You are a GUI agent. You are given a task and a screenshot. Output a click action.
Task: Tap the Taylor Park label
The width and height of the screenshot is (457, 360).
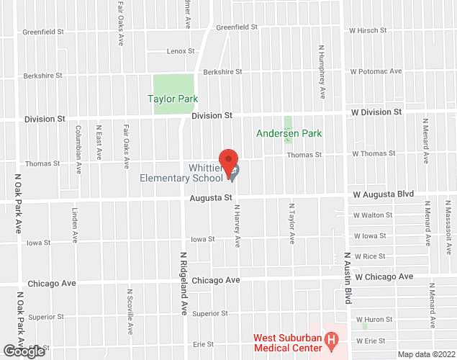coord(173,99)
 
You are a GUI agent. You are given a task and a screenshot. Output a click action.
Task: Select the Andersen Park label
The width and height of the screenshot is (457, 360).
coord(289,133)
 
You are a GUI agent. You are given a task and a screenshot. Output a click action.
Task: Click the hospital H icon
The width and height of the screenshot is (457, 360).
coord(331,338)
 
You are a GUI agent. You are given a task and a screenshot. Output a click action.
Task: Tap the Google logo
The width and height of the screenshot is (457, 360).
coord(23,351)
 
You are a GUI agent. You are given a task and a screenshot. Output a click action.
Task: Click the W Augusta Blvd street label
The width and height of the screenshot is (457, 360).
coord(384,194)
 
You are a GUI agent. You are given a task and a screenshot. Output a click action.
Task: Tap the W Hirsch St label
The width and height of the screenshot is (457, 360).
coord(368,31)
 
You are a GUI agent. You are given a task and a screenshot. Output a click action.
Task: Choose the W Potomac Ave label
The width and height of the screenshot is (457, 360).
coord(376,71)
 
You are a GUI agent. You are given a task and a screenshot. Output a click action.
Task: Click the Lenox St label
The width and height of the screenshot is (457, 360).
coord(181,51)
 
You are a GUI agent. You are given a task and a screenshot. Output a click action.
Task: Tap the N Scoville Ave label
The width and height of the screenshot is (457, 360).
coord(130,311)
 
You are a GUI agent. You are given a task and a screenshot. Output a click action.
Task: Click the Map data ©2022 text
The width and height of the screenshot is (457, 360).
coord(426,354)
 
